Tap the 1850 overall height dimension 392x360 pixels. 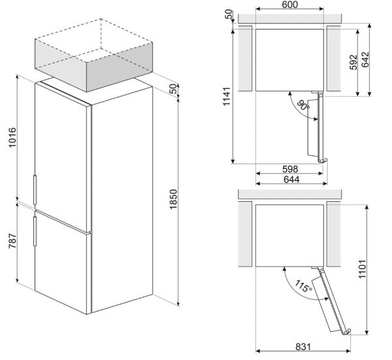[x=173, y=200]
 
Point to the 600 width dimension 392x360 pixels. [x=289, y=6]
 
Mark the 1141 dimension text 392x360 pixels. [x=226, y=95]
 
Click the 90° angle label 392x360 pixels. [x=302, y=106]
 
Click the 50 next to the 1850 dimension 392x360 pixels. [x=172, y=89]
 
